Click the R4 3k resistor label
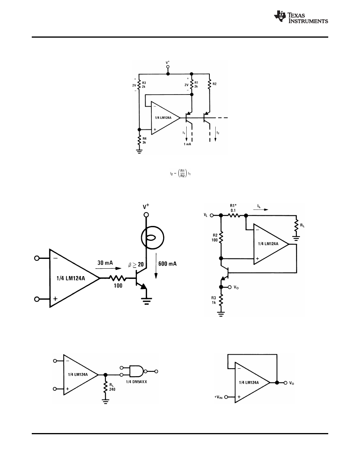(145, 140)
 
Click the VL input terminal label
(206, 215)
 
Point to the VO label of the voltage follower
(292, 383)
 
